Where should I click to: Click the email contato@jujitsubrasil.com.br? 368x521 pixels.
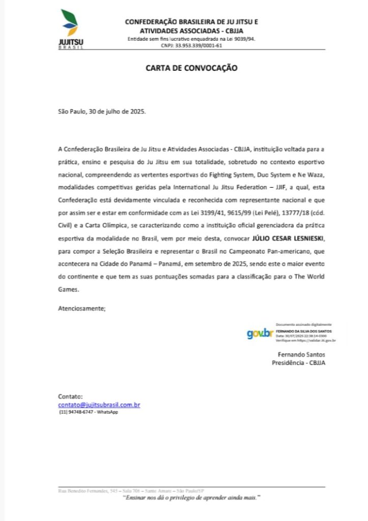click(x=99, y=404)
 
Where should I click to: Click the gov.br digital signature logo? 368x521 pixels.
click(x=259, y=334)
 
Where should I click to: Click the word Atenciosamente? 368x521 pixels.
click(x=82, y=308)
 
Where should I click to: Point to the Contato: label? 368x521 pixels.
click(x=70, y=397)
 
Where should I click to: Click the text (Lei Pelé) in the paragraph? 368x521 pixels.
click(x=248, y=213)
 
